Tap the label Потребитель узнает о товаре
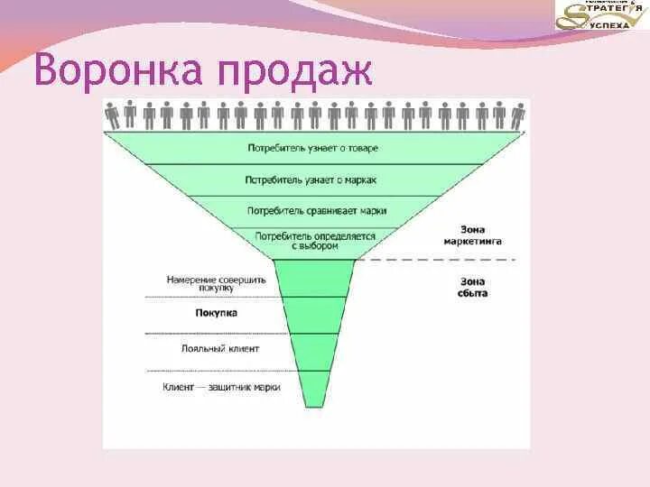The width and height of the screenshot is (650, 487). pyautogui.click(x=312, y=148)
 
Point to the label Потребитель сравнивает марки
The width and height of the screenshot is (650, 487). pyautogui.click(x=316, y=210)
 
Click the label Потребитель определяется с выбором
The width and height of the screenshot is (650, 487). pyautogui.click(x=315, y=241)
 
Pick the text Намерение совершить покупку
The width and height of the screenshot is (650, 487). pyautogui.click(x=217, y=284)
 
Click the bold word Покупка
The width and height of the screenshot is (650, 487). pyautogui.click(x=216, y=314)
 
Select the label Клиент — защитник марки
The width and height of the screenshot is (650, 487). pyautogui.click(x=222, y=387)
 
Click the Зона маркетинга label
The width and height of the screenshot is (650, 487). pyautogui.click(x=473, y=235)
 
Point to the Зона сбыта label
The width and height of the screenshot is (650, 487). pyautogui.click(x=473, y=287)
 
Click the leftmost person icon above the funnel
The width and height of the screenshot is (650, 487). pyautogui.click(x=113, y=115)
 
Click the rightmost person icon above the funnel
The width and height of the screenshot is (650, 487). pyautogui.click(x=518, y=115)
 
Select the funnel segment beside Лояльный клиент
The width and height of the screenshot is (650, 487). pyautogui.click(x=314, y=352)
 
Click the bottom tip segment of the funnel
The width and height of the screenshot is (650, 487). pyautogui.click(x=314, y=389)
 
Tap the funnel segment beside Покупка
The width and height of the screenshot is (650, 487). pyautogui.click(x=314, y=316)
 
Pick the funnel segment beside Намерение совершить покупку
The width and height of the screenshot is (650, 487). pyautogui.click(x=314, y=278)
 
